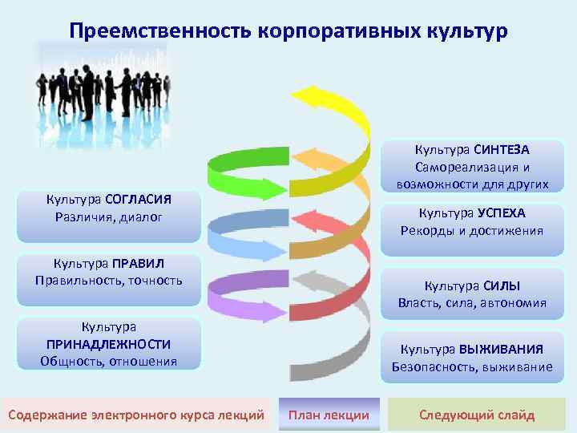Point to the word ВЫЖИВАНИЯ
[502, 350]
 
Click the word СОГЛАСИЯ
[140, 198]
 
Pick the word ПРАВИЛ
[138, 263]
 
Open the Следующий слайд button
[477, 415]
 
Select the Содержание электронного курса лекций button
[135, 415]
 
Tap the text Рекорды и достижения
[472, 231]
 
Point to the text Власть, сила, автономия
[472, 303]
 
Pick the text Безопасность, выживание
[472, 367]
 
